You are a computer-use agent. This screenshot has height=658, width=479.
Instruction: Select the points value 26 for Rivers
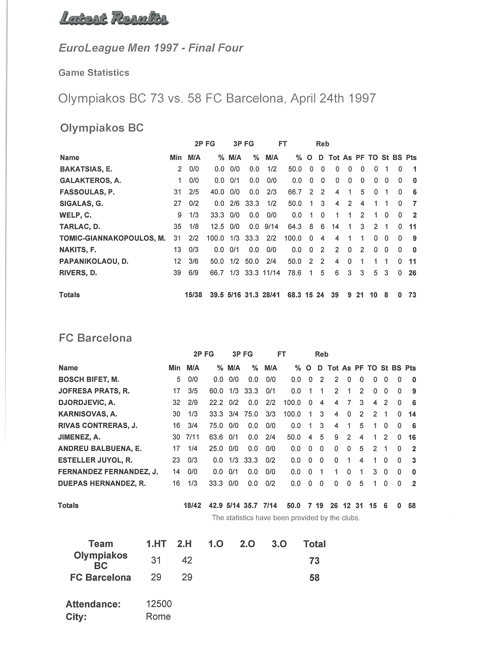412,273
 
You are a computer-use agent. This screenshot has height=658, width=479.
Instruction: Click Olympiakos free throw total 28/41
271,295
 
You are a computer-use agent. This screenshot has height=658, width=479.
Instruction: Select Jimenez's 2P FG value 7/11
193,437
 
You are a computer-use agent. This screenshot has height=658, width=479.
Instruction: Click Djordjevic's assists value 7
349,403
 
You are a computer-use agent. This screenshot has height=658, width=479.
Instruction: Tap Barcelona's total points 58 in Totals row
412,506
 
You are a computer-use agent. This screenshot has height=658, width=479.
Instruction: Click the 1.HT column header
156,544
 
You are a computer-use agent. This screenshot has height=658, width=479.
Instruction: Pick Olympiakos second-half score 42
187,560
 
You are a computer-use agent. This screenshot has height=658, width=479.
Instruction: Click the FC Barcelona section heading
95,338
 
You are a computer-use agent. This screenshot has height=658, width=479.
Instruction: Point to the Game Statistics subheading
94,73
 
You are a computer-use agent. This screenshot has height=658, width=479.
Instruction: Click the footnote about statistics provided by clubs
286,518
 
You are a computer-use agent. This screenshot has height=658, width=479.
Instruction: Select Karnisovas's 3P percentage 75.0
251,414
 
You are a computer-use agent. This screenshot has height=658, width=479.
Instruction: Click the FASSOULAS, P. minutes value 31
177,192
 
